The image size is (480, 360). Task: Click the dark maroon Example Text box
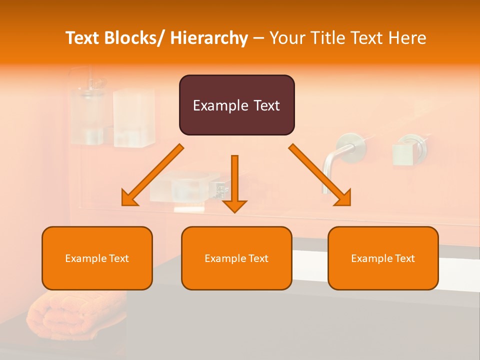point(236,105)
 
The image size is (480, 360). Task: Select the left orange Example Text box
point(97,258)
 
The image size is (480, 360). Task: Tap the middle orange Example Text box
point(236,258)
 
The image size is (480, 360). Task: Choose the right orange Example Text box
point(383,258)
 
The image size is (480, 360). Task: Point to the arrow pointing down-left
point(152,175)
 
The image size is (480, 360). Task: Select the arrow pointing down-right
point(320,175)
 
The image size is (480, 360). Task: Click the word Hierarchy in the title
point(209,38)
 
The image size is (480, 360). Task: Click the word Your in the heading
point(287,38)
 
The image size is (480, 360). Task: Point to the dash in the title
point(258,38)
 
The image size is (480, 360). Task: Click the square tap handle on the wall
point(403,154)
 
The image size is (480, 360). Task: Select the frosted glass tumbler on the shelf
point(134,117)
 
